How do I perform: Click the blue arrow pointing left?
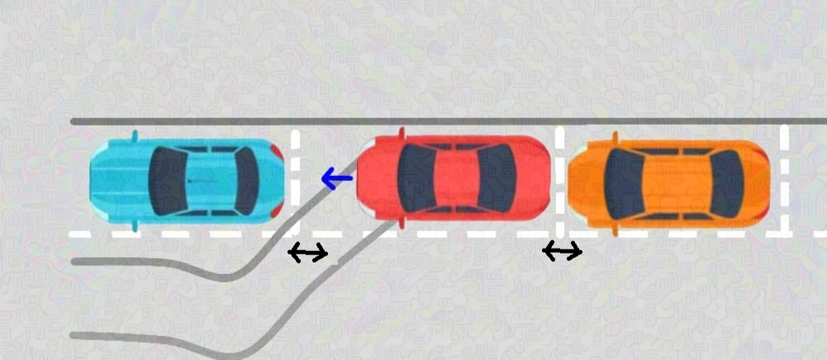coord(336,178)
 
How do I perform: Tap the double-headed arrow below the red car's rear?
coord(562,252)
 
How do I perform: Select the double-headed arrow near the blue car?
coord(307,253)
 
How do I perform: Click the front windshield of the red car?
coord(414,178)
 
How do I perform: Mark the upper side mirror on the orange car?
coord(615,136)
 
